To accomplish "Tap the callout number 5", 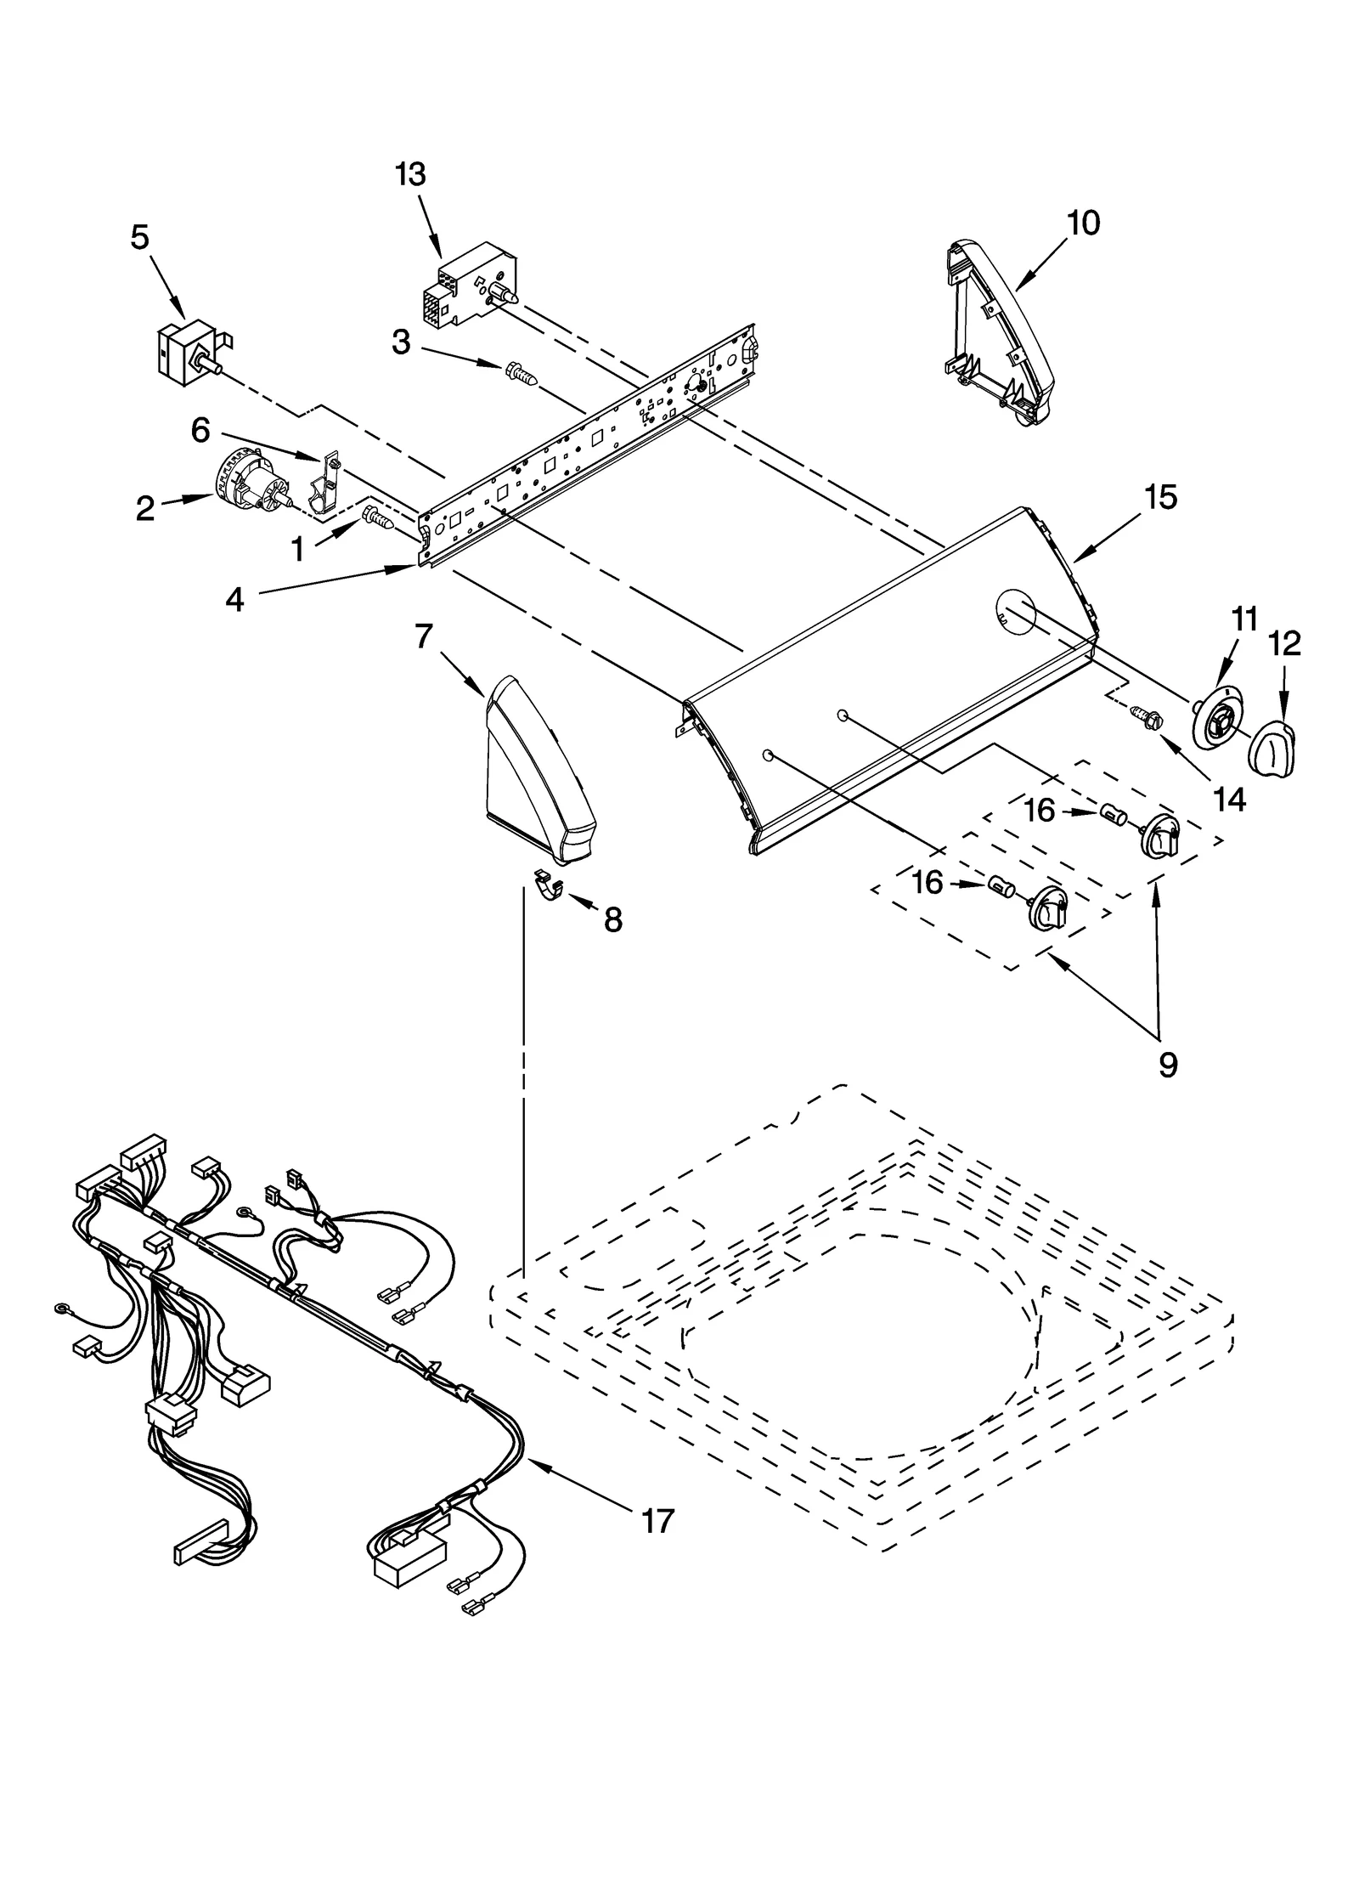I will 139,238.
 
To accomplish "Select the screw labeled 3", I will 520,373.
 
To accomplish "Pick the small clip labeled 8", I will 550,884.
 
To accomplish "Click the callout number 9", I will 1168,1064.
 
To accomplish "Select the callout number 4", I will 234,600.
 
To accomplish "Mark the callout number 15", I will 1160,497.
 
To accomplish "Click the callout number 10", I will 1083,223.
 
